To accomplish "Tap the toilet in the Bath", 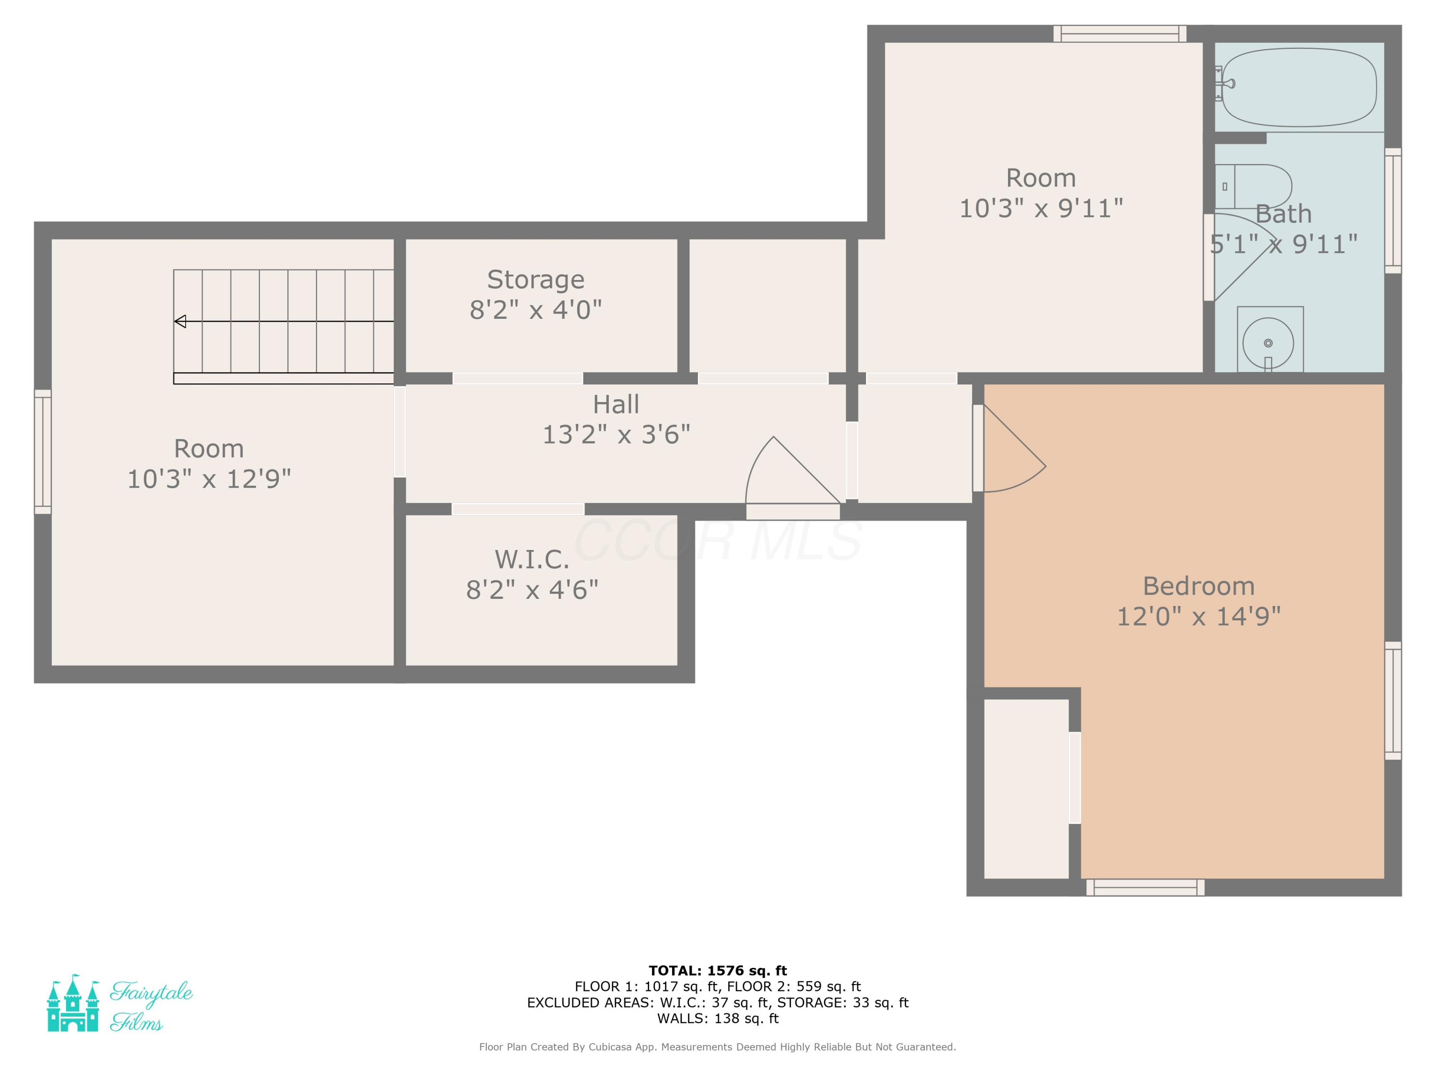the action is coord(1253,186).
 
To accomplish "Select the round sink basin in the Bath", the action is coord(1268,343).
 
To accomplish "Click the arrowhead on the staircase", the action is coord(180,321).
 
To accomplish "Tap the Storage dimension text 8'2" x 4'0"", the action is coord(536,310).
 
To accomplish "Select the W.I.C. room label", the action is coord(532,559).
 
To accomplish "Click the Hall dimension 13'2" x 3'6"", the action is coord(616,434).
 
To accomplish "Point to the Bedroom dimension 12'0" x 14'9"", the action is coord(1199,616).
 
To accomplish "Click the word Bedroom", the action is coord(1199,586).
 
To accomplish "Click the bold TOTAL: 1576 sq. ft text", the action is coord(718,971).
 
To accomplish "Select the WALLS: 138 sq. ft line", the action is coord(718,1019).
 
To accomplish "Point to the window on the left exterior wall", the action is coord(43,452).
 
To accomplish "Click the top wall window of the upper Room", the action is coord(1120,34).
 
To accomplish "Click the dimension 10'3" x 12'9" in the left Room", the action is coord(209,479).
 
